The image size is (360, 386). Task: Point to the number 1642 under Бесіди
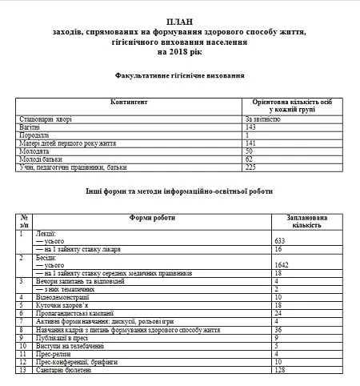pos(282,265)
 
